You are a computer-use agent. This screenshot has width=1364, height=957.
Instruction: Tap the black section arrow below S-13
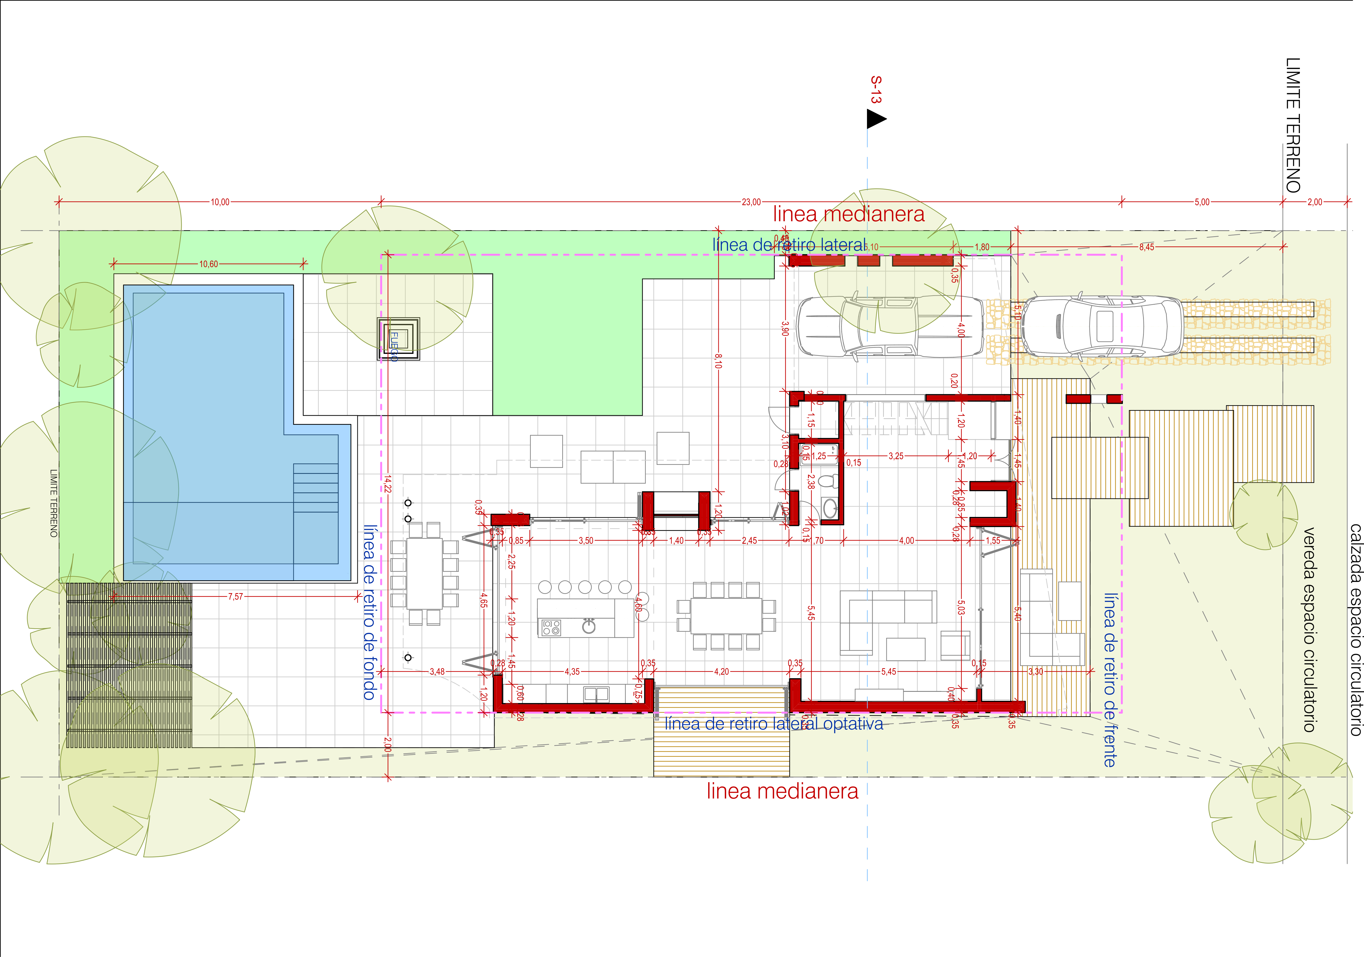pos(876,119)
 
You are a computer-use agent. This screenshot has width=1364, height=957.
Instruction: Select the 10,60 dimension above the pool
pos(208,264)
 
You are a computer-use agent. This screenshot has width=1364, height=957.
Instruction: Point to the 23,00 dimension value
pos(751,202)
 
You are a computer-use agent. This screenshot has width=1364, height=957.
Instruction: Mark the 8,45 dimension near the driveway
pos(1147,247)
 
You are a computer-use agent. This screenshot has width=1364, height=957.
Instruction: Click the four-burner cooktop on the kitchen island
pos(551,627)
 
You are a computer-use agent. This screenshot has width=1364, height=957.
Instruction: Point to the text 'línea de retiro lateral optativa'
pos(774,723)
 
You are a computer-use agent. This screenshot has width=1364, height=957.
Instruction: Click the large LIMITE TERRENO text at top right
pos(1293,125)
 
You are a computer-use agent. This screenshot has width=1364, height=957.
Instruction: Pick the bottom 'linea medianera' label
pos(782,791)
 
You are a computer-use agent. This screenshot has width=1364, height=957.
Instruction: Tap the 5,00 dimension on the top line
pos(1202,202)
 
